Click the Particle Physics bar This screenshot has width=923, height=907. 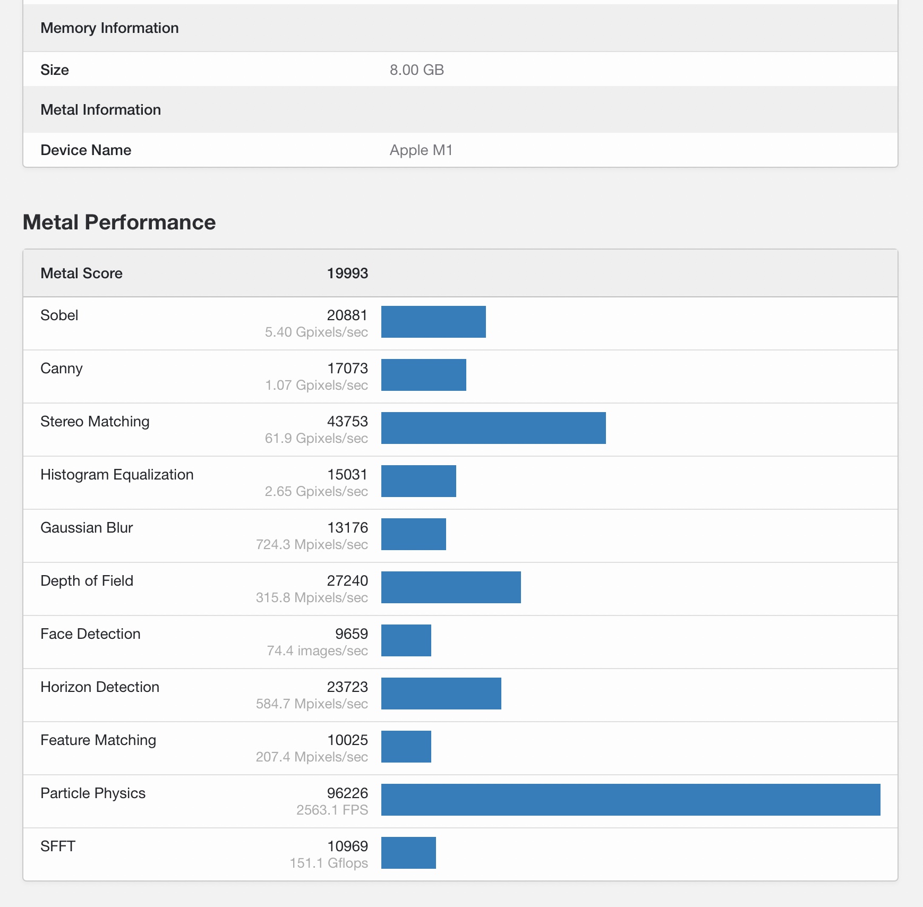pos(630,800)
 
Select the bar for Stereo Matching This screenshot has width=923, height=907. pos(493,428)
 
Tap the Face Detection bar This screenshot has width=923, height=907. pos(406,640)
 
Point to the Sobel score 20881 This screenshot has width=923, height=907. pos(347,315)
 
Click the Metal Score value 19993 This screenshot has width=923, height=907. pos(347,273)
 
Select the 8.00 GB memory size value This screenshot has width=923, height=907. pos(417,70)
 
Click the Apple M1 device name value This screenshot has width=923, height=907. pos(421,150)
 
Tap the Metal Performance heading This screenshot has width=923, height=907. pos(119,223)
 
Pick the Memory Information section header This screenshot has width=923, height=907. pos(109,28)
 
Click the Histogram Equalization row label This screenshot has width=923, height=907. pos(117,475)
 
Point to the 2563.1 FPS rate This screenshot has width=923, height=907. pos(332,810)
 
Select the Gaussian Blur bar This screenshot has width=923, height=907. pos(414,534)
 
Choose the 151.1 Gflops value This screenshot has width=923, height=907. pos(329,863)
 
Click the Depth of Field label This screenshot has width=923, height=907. pos(87,581)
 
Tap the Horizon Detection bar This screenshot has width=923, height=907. pos(441,694)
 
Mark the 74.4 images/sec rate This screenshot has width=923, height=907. pos(318,651)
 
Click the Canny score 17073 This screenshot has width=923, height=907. pos(347,369)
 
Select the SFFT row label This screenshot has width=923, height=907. pos(58,846)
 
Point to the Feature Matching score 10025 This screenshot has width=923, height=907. pos(347,740)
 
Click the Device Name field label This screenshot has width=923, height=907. pos(86,150)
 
